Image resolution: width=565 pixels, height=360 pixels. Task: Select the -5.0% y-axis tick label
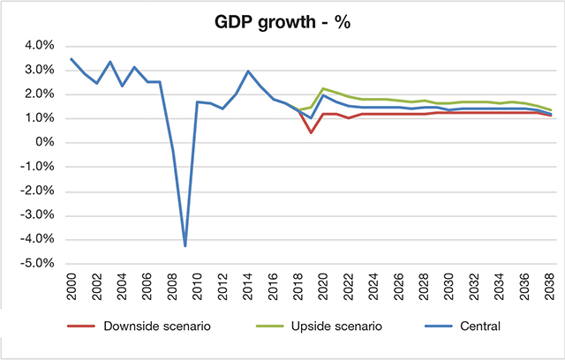pos(38,263)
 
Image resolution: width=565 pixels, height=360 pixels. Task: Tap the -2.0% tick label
pos(38,191)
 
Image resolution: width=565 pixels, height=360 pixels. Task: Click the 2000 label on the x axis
pos(72,286)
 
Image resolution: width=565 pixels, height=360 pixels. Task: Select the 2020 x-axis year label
pos(323,286)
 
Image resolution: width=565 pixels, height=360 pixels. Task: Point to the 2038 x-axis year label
pos(550,286)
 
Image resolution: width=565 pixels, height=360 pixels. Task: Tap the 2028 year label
pos(424,286)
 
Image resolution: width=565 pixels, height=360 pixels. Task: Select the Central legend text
pos(478,327)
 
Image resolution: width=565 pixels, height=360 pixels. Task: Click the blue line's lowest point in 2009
pos(185,245)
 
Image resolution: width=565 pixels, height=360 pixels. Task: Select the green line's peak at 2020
pos(323,88)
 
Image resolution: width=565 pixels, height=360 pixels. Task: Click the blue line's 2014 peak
pos(248,71)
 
